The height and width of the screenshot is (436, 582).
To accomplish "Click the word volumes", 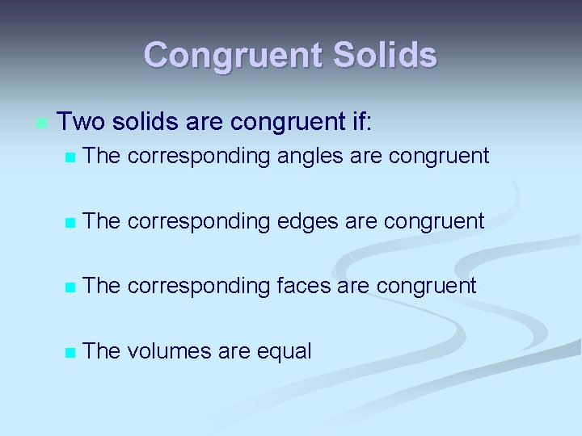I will [x=167, y=350].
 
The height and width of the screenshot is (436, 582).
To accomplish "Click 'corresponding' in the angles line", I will [x=198, y=157].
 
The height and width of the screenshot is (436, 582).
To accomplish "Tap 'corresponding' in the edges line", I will [x=198, y=220].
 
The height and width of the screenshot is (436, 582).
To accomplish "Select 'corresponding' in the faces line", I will [x=198, y=285].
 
